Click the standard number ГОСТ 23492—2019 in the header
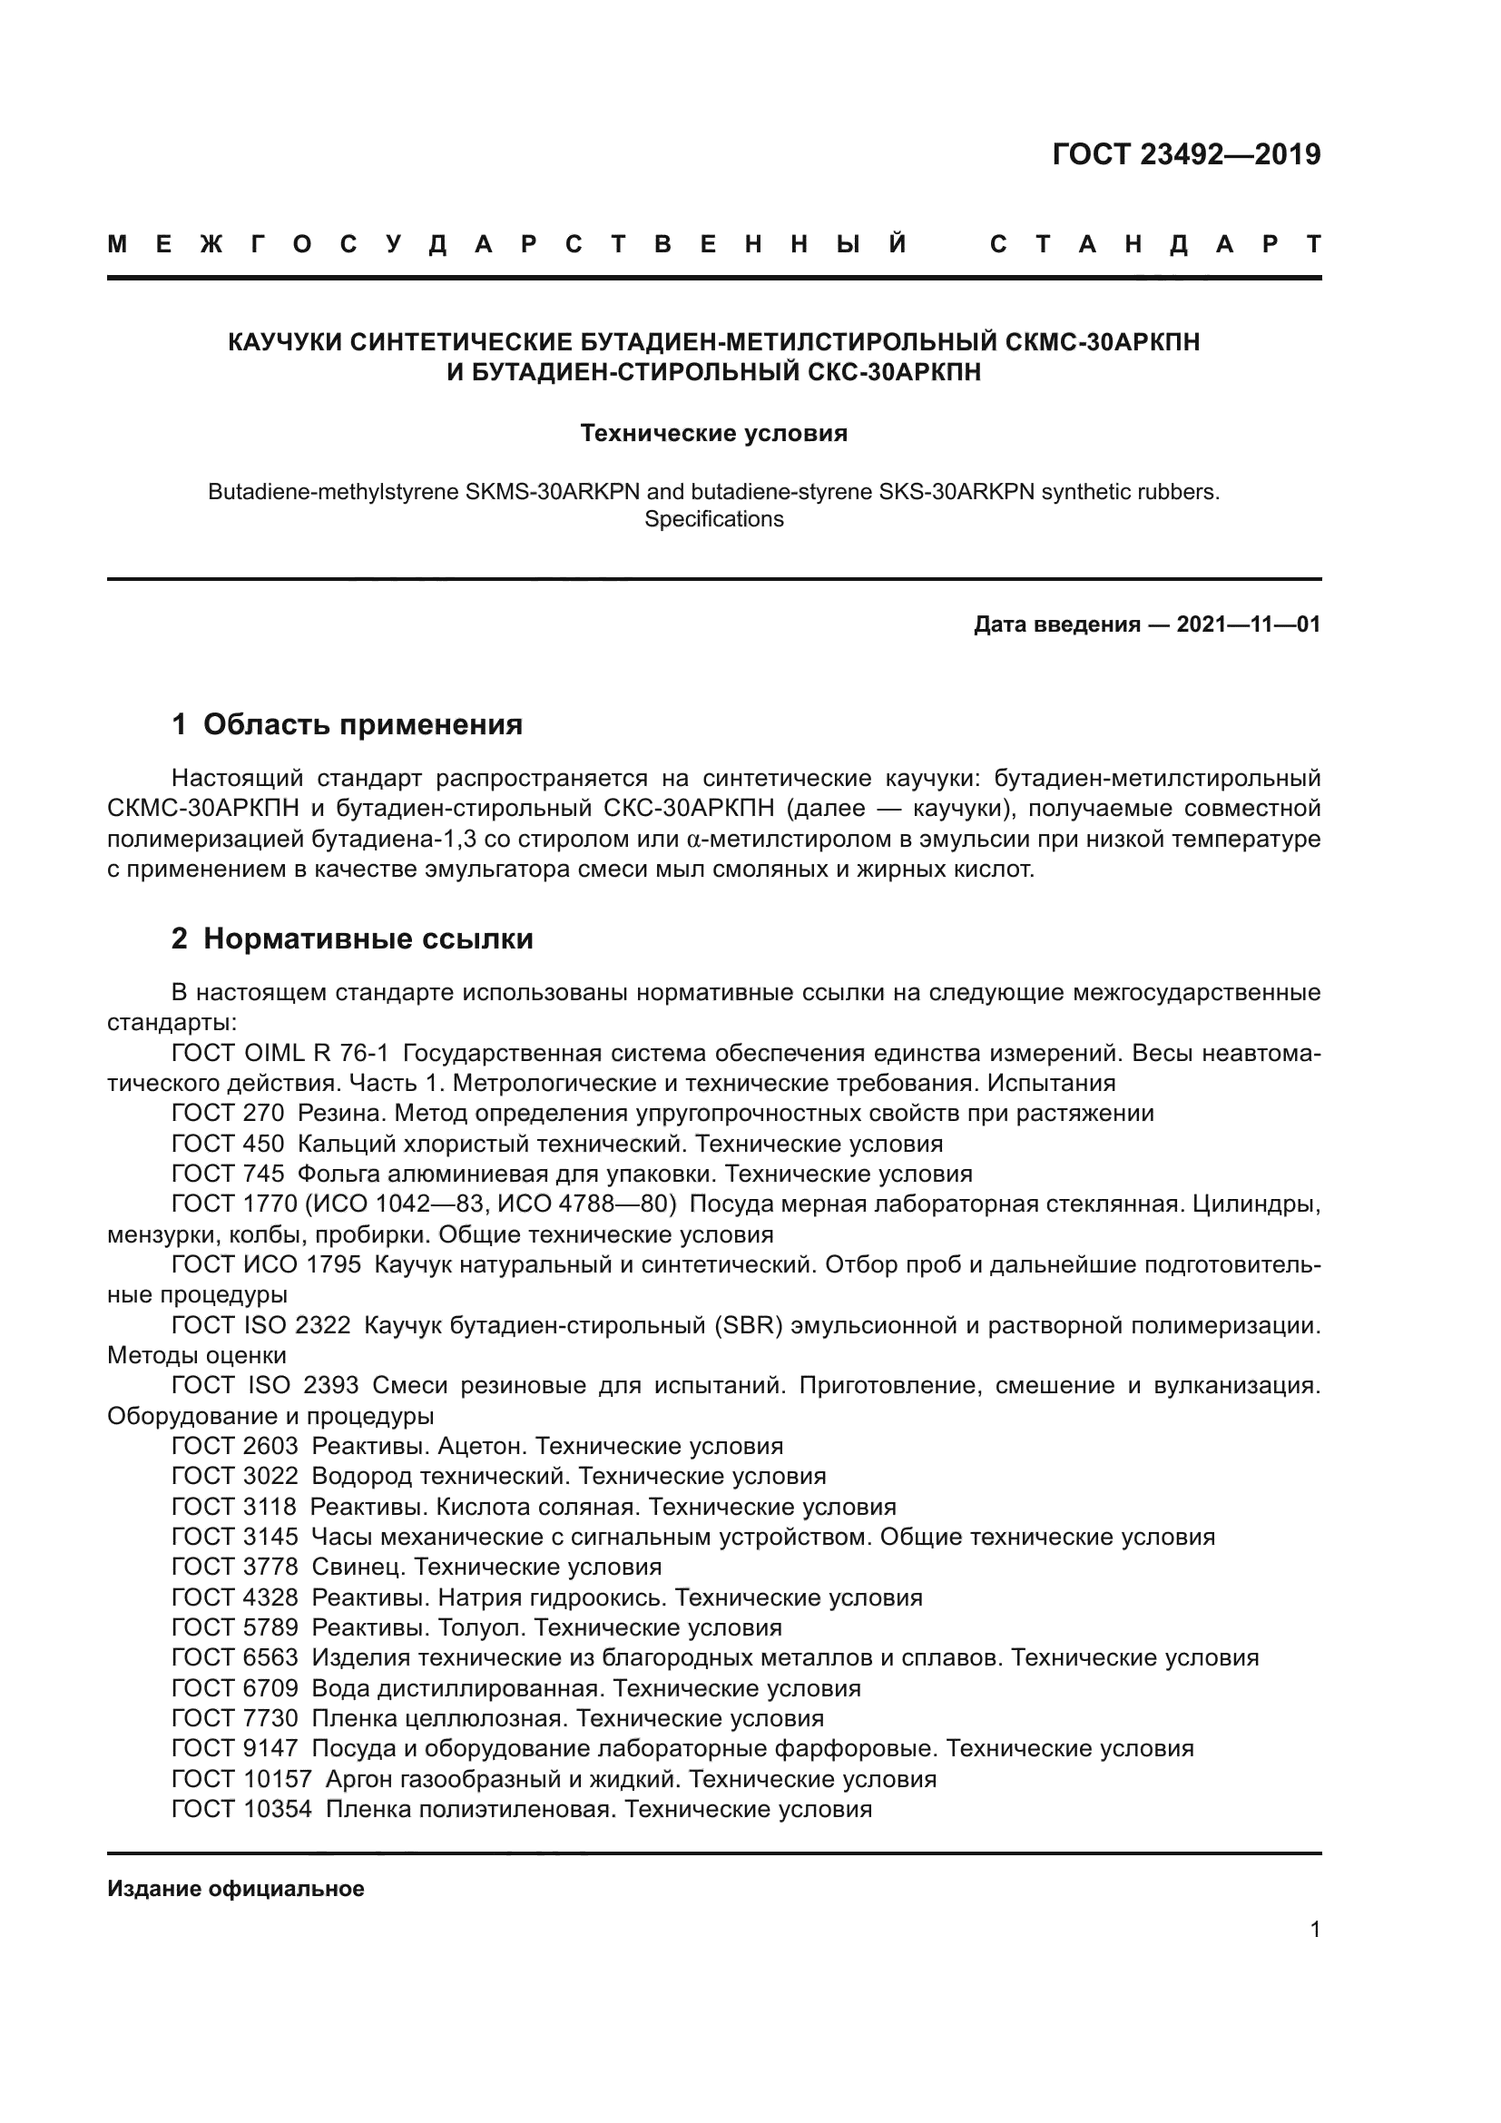(1186, 154)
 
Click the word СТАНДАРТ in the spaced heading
(1154, 244)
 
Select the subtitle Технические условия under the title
(713, 434)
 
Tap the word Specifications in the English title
(713, 520)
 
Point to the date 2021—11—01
(1248, 625)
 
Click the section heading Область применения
(362, 724)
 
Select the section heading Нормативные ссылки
(368, 939)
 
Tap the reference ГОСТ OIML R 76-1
(280, 1053)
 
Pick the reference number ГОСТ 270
(228, 1114)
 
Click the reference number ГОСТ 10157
(241, 1779)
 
